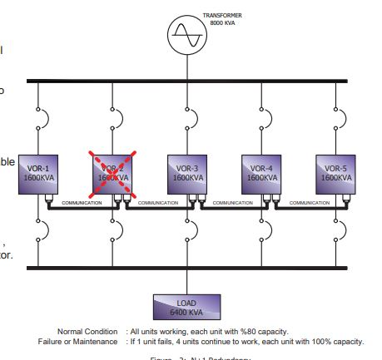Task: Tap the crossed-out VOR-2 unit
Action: pos(112,173)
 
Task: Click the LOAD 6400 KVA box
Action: pos(186,308)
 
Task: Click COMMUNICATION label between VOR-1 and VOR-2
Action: pos(81,203)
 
